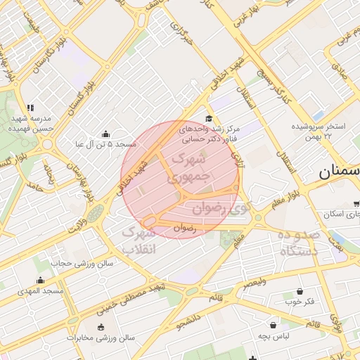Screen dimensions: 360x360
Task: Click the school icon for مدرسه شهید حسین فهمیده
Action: pyautogui.click(x=30, y=106)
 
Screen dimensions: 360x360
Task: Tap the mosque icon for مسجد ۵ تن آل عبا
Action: pyautogui.click(x=105, y=134)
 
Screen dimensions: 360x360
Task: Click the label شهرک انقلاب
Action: pyautogui.click(x=139, y=240)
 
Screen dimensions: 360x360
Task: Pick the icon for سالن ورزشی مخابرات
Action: pyautogui.click(x=101, y=326)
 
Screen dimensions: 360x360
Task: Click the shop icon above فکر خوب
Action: pyautogui.click(x=300, y=292)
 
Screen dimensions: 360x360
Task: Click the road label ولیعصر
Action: pyautogui.click(x=255, y=283)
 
